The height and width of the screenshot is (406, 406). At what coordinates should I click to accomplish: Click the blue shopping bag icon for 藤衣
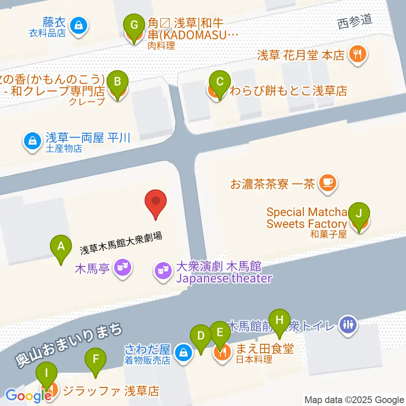79,25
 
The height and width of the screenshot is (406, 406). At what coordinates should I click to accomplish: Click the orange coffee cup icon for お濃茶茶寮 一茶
327,183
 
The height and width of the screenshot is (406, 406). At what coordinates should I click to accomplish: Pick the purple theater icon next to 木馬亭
123,268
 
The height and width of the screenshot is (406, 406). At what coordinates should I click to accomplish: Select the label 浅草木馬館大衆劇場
121,243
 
